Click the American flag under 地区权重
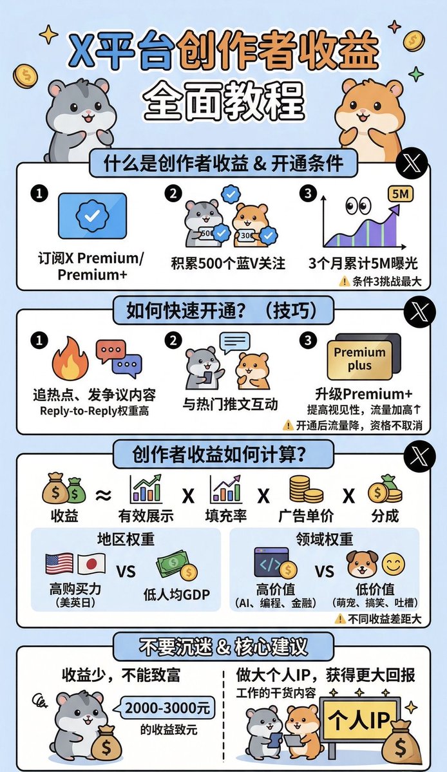pos(59,564)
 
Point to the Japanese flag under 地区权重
pos(91,564)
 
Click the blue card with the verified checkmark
pos(92,216)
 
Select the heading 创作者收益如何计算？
pos(219,454)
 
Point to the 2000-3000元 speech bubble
pos(168,708)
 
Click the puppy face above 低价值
pos(360,564)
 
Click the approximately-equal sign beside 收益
pos(102,494)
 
